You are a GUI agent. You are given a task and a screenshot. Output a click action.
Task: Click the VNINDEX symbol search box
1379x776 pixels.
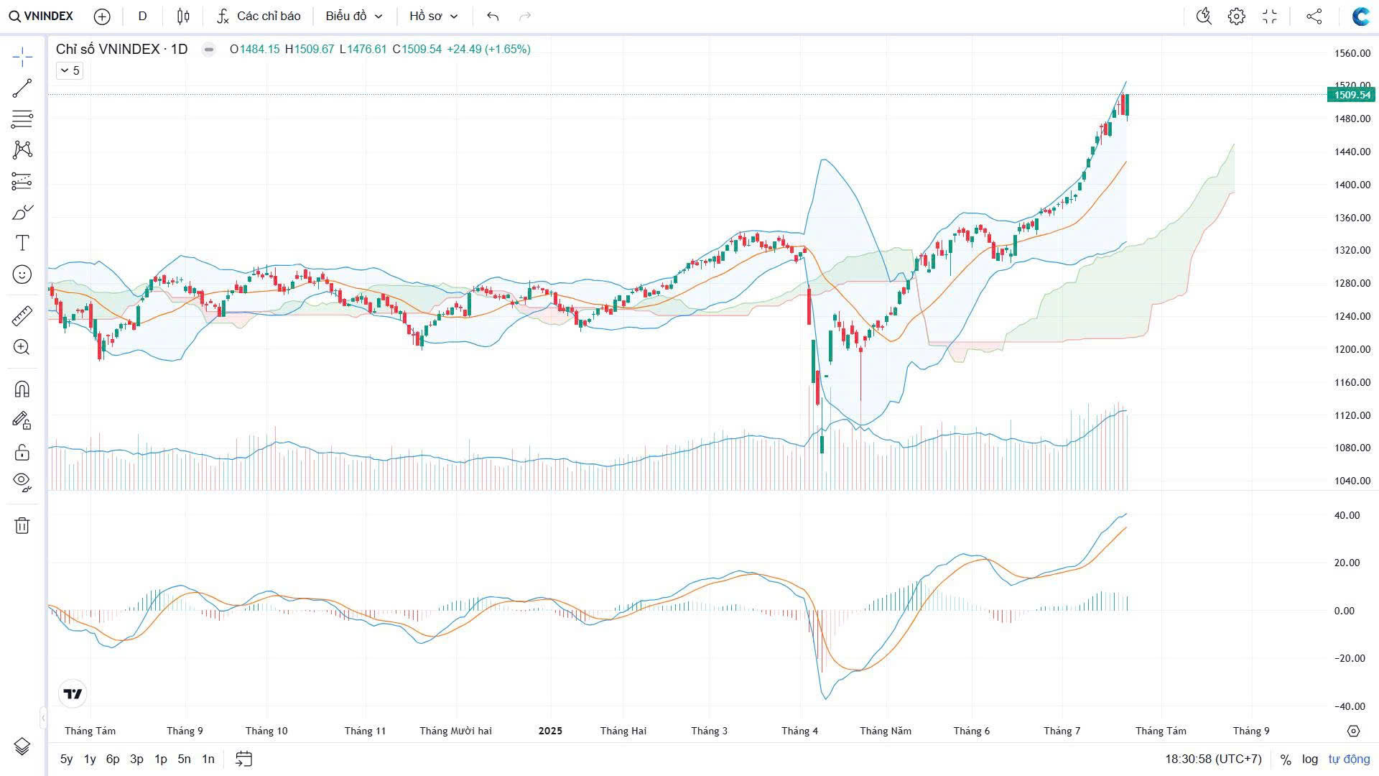[x=42, y=16]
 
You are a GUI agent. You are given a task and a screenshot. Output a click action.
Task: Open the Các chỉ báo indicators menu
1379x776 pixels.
[x=259, y=16]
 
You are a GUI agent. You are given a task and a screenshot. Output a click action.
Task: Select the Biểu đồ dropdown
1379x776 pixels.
[x=353, y=16]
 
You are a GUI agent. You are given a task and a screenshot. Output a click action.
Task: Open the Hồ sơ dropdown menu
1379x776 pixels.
[x=433, y=16]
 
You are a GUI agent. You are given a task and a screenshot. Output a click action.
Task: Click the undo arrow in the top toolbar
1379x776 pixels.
[x=492, y=16]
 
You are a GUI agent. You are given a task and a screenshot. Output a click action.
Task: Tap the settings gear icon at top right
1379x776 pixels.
[x=1236, y=16]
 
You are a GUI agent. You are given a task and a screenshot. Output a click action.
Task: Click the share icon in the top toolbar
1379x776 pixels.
[x=1314, y=16]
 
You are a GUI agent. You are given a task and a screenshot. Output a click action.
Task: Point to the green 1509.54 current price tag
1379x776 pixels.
[x=1351, y=95]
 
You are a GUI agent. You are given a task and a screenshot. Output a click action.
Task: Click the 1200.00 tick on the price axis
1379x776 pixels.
[x=1352, y=349]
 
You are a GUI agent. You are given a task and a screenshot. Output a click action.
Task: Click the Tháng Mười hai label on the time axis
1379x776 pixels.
[x=455, y=731]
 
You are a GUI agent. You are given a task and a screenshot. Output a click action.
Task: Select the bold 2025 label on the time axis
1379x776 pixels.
[x=550, y=731]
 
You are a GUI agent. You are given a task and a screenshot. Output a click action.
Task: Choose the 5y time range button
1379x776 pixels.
[x=66, y=759]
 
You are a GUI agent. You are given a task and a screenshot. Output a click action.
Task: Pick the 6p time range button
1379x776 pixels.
[x=113, y=759]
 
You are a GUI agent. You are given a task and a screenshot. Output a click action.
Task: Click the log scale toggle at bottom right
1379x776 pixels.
[x=1310, y=759]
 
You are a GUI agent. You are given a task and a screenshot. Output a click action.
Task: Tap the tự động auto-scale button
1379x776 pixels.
[x=1349, y=759]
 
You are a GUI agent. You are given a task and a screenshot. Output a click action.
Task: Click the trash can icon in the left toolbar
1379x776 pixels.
[x=22, y=525]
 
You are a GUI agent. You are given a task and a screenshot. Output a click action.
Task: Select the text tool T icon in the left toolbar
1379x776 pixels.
[x=22, y=243]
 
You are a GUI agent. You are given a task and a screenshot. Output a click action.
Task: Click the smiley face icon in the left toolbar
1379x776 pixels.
[x=22, y=274]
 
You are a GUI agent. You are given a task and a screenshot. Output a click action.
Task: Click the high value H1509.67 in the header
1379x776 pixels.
[x=310, y=49]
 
